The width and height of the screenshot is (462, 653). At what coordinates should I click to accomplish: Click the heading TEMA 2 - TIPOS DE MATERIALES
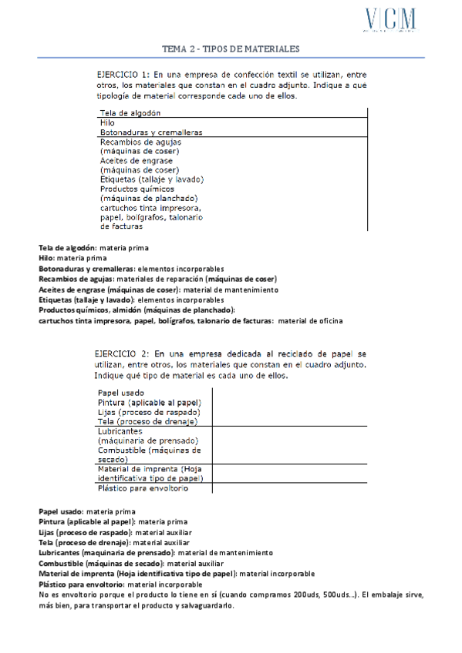[230, 49]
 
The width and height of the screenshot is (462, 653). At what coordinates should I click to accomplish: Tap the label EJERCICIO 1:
[124, 74]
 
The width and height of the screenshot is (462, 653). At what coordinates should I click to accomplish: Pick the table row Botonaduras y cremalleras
[151, 132]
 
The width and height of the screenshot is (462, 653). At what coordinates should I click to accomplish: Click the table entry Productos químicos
[137, 189]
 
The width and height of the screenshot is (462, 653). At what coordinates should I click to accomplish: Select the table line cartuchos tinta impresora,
[151, 208]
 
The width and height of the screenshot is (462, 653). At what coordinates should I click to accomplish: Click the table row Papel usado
[121, 393]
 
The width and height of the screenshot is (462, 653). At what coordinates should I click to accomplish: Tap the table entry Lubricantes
[120, 431]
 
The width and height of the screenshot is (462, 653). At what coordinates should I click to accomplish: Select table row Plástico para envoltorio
[143, 488]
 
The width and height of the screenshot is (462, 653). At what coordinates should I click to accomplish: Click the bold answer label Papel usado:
[61, 511]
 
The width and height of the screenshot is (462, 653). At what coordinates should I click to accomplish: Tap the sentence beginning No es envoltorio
[231, 594]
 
